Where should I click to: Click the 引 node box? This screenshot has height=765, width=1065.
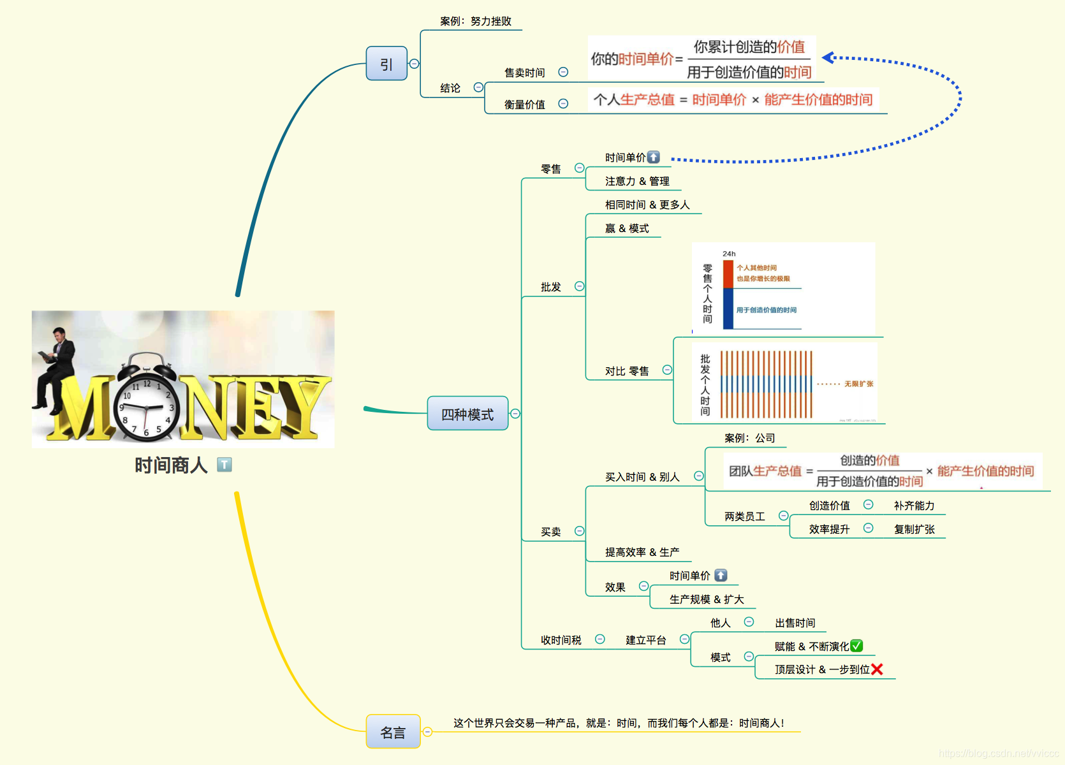386,64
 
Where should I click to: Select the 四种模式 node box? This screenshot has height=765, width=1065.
467,414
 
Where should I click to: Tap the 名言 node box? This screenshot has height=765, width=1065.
393,732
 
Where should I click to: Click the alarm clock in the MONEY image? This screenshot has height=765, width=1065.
146,400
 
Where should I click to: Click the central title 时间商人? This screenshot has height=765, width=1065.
171,465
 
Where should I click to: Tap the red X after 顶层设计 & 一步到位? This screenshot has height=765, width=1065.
877,669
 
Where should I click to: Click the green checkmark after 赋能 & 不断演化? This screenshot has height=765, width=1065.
856,646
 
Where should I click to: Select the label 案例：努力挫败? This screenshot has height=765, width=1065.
476,21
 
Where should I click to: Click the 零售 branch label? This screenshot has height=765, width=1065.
551,169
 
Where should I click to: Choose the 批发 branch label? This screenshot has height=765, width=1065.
551,287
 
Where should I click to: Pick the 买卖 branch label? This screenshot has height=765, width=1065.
551,532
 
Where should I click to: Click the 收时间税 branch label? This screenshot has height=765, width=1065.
561,640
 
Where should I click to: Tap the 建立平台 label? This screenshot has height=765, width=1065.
646,640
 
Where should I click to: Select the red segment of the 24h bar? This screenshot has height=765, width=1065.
728,274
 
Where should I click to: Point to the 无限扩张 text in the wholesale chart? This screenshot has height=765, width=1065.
859,384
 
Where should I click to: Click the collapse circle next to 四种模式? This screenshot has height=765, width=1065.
515,414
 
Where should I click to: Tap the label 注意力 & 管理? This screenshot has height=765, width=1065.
637,181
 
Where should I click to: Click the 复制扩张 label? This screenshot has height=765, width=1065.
914,529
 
